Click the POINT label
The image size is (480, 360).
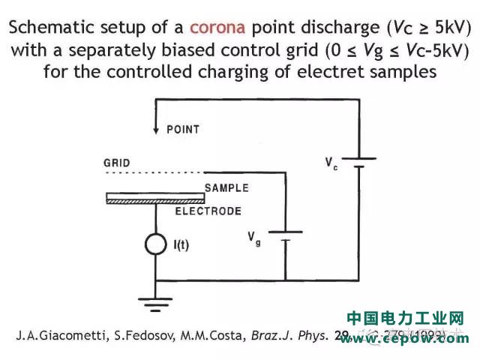183,129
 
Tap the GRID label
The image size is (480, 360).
117,163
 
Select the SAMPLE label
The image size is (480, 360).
226,188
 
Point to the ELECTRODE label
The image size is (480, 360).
208,211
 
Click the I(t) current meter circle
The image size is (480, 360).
154,244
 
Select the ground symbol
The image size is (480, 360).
154,303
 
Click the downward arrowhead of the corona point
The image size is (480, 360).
155,129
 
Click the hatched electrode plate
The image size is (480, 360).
155,199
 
